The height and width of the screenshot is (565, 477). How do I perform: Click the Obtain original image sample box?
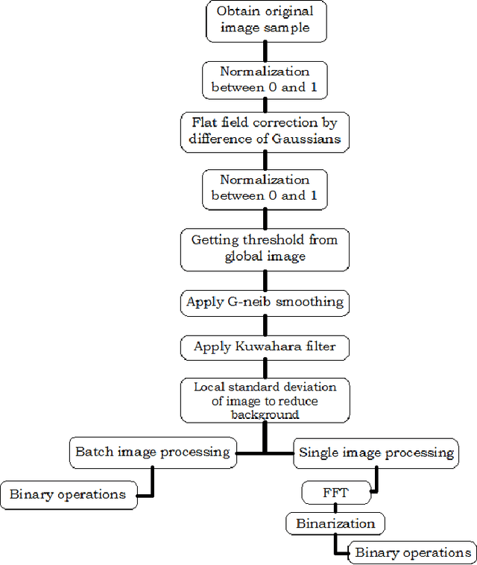point(265,20)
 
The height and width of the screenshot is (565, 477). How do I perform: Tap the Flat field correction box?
point(265,131)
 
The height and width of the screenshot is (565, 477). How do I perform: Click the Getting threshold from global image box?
point(265,248)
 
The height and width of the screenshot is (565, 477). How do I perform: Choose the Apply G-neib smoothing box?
point(265,302)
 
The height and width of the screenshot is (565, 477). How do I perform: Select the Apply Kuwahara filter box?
point(265,347)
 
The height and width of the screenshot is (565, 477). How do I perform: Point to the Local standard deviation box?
point(265,400)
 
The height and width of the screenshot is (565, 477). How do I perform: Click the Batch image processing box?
point(153,452)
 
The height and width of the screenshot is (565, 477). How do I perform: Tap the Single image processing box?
point(376,452)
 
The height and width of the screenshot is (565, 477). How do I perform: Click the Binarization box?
point(335,523)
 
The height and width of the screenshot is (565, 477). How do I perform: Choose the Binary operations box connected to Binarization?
point(413,552)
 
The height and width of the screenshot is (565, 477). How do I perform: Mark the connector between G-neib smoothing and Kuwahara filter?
point(265,324)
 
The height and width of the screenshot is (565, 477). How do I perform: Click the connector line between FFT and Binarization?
point(329,508)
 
